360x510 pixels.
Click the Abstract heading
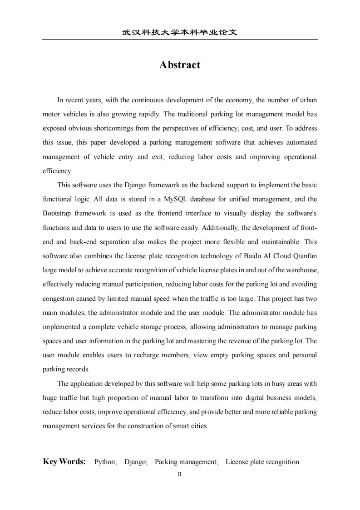pos(180,65)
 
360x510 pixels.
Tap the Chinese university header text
pos(180,33)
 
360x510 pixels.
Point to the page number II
pos(180,474)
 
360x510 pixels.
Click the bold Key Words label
pos(64,462)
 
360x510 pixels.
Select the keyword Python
pos(105,462)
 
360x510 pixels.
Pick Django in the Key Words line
pos(135,462)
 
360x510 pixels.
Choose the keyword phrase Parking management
pos(186,462)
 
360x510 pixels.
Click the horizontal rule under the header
pos(180,40)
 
